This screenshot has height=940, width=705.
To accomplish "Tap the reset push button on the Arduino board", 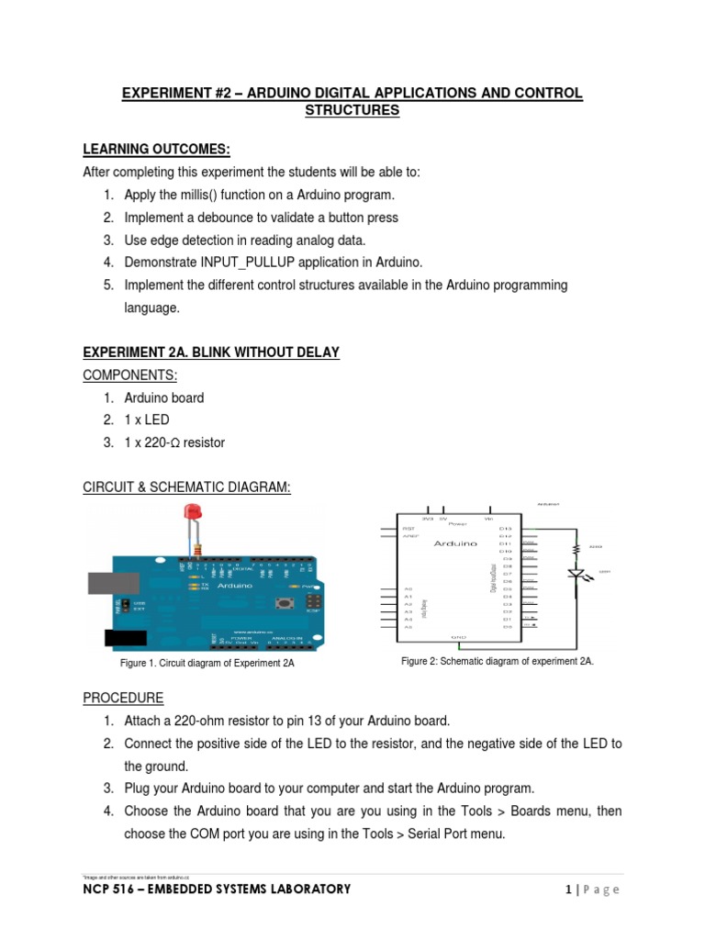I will click(285, 601).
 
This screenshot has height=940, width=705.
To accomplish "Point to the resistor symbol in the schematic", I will click(576, 549).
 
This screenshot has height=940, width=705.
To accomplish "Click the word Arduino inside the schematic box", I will click(455, 543).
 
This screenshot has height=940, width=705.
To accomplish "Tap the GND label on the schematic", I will click(459, 636).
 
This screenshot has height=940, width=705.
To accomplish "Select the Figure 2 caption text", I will click(498, 661).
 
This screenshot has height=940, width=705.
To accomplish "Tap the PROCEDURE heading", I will click(123, 698).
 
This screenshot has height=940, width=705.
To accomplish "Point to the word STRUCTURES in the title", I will click(352, 111).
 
